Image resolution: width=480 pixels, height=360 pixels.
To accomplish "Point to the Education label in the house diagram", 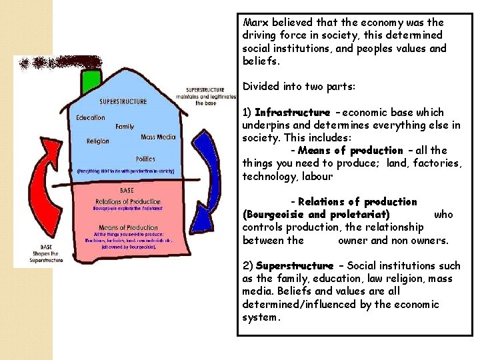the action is (x=91, y=118).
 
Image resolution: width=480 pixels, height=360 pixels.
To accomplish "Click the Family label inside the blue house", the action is (x=125, y=127).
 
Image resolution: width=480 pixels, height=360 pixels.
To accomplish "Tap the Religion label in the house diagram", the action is (x=98, y=141).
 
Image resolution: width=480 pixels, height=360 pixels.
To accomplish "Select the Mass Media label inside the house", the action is (x=158, y=137).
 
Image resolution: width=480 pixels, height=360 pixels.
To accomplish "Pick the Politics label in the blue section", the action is (x=145, y=159).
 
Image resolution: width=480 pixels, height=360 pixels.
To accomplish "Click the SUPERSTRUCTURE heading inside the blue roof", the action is (x=123, y=102).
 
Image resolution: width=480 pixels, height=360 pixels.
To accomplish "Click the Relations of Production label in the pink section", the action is (x=128, y=201).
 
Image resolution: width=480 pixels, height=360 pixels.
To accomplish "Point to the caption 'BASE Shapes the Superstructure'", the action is (x=46, y=254).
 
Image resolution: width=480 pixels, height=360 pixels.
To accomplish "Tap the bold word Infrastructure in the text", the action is (x=292, y=112).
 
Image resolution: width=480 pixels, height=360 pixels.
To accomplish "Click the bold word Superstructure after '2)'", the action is (x=294, y=265).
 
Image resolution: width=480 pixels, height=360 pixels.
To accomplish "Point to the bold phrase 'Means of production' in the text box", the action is (x=350, y=151).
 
